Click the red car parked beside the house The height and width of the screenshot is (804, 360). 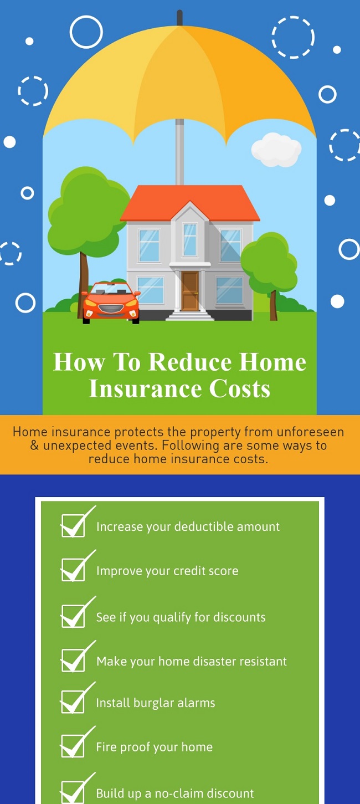click(x=111, y=303)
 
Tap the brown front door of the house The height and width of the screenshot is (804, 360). click(x=190, y=291)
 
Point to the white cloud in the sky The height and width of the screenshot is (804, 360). click(x=276, y=149)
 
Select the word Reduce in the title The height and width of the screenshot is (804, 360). click(x=190, y=362)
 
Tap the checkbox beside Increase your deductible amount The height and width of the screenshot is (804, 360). click(x=73, y=525)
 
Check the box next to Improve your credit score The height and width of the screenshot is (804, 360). click(x=73, y=570)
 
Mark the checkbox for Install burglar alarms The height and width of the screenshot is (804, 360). click(x=73, y=701)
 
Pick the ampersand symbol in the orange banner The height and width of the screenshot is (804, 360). click(x=34, y=445)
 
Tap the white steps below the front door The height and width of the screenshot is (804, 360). click(x=189, y=315)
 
